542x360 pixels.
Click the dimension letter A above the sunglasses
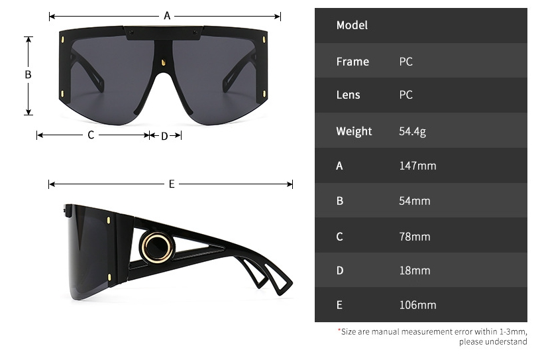[167, 15]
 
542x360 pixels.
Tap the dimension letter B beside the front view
[28, 75]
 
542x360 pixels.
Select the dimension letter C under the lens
[91, 135]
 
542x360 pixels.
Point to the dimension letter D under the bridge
[164, 136]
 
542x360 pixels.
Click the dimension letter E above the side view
[171, 184]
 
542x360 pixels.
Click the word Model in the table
[352, 25]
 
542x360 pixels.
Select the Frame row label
[352, 62]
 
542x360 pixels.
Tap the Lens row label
[348, 95]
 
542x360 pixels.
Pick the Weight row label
[354, 131]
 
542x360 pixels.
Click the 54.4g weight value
[412, 131]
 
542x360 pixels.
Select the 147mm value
[417, 166]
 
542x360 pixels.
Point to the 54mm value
[415, 201]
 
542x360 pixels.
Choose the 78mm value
[415, 237]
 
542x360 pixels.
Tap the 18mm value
[415, 270]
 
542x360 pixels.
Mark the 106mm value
[417, 305]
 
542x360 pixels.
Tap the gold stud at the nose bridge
[163, 62]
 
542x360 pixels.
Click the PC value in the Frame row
[406, 62]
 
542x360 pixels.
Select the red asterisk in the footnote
[339, 330]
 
